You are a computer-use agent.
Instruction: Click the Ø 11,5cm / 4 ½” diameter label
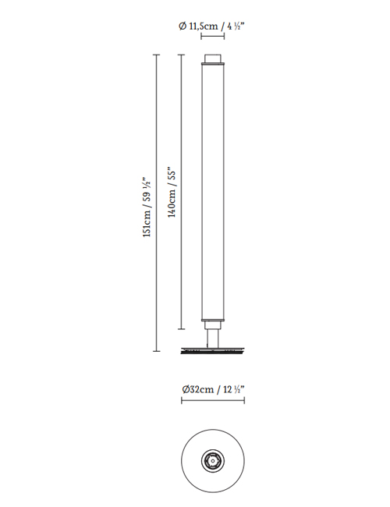click(211, 27)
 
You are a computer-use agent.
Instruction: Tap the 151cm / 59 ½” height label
click(147, 207)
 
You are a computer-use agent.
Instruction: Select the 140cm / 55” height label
click(172, 192)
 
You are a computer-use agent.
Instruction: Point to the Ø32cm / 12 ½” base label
click(212, 389)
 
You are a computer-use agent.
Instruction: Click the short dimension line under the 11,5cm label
click(212, 36)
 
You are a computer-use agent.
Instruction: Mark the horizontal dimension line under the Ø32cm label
click(213, 401)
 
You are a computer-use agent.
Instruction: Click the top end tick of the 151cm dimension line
click(157, 55)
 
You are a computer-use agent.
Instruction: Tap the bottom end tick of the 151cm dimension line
click(157, 351)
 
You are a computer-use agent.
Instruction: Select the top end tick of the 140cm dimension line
click(182, 55)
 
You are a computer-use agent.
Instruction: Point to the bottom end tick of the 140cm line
click(182, 329)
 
